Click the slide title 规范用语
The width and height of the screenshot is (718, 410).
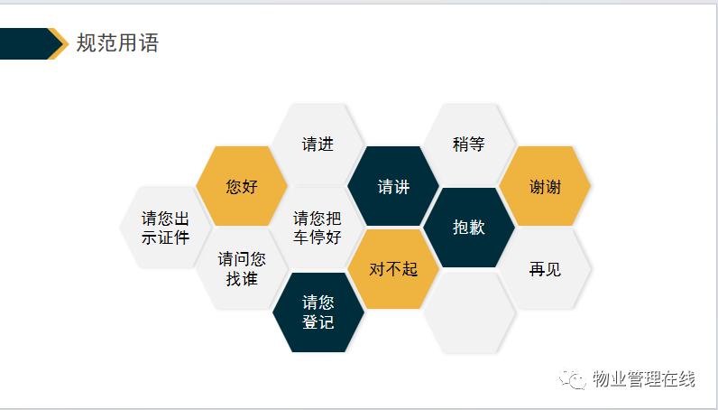click(x=117, y=43)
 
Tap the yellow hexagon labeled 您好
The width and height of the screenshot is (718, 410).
click(x=242, y=186)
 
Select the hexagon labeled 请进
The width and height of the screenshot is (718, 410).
click(x=318, y=144)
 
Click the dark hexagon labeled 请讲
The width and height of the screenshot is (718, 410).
click(x=393, y=186)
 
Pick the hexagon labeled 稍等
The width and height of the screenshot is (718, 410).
click(x=469, y=144)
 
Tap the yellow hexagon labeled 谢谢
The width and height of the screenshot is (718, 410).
click(x=545, y=186)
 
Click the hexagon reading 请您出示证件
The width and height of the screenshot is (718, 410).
click(x=165, y=228)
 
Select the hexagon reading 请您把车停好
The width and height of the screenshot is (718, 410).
click(x=318, y=228)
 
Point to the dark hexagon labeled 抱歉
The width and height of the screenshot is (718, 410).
click(x=469, y=228)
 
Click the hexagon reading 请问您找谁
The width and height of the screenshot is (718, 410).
click(x=242, y=269)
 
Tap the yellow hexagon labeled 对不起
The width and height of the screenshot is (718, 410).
click(x=393, y=269)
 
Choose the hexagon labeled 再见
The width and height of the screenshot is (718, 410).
click(x=545, y=269)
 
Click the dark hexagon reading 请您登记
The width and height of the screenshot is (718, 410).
click(x=318, y=312)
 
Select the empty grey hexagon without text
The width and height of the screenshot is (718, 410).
click(x=469, y=313)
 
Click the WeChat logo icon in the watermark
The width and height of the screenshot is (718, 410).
click(x=573, y=378)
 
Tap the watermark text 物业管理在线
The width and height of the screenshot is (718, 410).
click(x=644, y=378)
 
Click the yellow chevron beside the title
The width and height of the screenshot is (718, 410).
click(x=60, y=43)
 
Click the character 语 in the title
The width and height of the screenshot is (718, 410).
click(x=149, y=43)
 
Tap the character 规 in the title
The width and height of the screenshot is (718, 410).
click(x=86, y=43)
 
